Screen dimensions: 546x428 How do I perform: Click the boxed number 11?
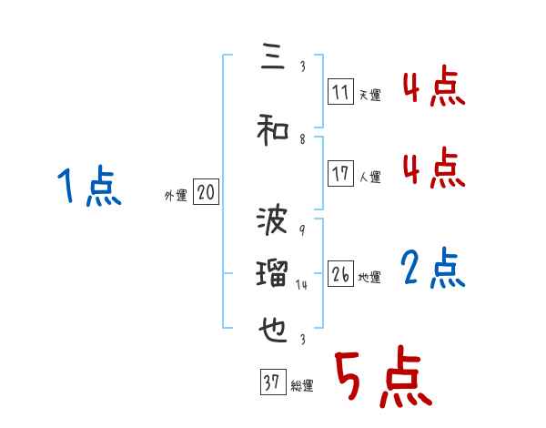point(341,92)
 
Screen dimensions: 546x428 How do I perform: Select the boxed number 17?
point(341,174)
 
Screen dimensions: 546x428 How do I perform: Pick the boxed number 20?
point(207,192)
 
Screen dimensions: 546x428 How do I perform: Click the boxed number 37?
point(272,383)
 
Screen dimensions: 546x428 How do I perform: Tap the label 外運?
point(175,196)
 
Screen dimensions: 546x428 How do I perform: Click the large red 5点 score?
point(382,378)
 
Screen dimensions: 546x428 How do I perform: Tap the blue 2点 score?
point(433,270)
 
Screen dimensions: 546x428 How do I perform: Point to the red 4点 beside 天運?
point(433,90)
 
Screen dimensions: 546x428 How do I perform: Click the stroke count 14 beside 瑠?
point(303,285)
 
